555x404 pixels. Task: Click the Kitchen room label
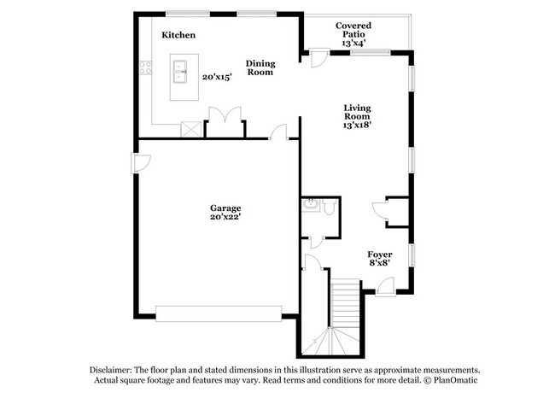[178, 35]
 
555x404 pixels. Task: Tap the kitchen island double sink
[181, 71]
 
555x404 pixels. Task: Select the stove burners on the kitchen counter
[146, 69]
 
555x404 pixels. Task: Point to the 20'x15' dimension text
[217, 77]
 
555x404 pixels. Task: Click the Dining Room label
[260, 67]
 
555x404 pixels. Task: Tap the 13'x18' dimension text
[357, 125]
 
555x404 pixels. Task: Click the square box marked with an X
[191, 129]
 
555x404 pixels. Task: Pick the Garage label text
[225, 208]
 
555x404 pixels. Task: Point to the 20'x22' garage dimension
[225, 217]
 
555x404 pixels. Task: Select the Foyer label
[380, 255]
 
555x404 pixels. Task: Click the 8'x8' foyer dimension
[380, 265]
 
